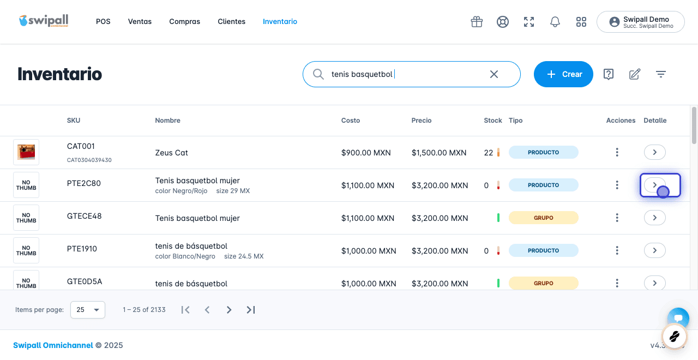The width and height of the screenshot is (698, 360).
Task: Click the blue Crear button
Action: [x=563, y=74]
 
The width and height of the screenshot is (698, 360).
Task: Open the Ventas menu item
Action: [x=140, y=21]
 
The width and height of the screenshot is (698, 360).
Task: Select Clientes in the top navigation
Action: [x=232, y=21]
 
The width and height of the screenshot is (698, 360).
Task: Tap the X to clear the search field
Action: [x=494, y=74]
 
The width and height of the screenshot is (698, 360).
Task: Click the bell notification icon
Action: [x=555, y=22]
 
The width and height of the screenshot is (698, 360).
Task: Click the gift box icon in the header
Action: [x=477, y=22]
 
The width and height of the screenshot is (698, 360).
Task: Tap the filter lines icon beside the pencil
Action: [x=660, y=74]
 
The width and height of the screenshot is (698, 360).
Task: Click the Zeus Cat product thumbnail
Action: [x=26, y=152]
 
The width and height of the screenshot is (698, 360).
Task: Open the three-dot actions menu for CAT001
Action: [x=617, y=152]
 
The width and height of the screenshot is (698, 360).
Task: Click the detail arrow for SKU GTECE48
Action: [x=655, y=218]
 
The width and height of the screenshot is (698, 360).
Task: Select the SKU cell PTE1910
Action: [x=82, y=249]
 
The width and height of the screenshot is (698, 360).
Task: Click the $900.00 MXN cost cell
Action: [x=366, y=153]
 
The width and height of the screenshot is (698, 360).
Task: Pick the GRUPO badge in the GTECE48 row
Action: [x=544, y=218]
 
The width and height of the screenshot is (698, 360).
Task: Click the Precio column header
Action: [x=422, y=121]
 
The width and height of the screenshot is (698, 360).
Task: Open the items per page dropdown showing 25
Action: [x=88, y=309]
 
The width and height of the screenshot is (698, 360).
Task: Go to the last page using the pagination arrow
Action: [x=251, y=310]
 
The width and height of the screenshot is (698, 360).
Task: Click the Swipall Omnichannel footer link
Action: [x=53, y=345]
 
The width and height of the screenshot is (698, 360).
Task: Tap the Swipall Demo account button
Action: [x=640, y=22]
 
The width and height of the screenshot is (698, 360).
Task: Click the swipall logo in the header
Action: [x=44, y=21]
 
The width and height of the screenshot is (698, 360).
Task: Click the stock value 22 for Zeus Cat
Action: [x=488, y=153]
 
